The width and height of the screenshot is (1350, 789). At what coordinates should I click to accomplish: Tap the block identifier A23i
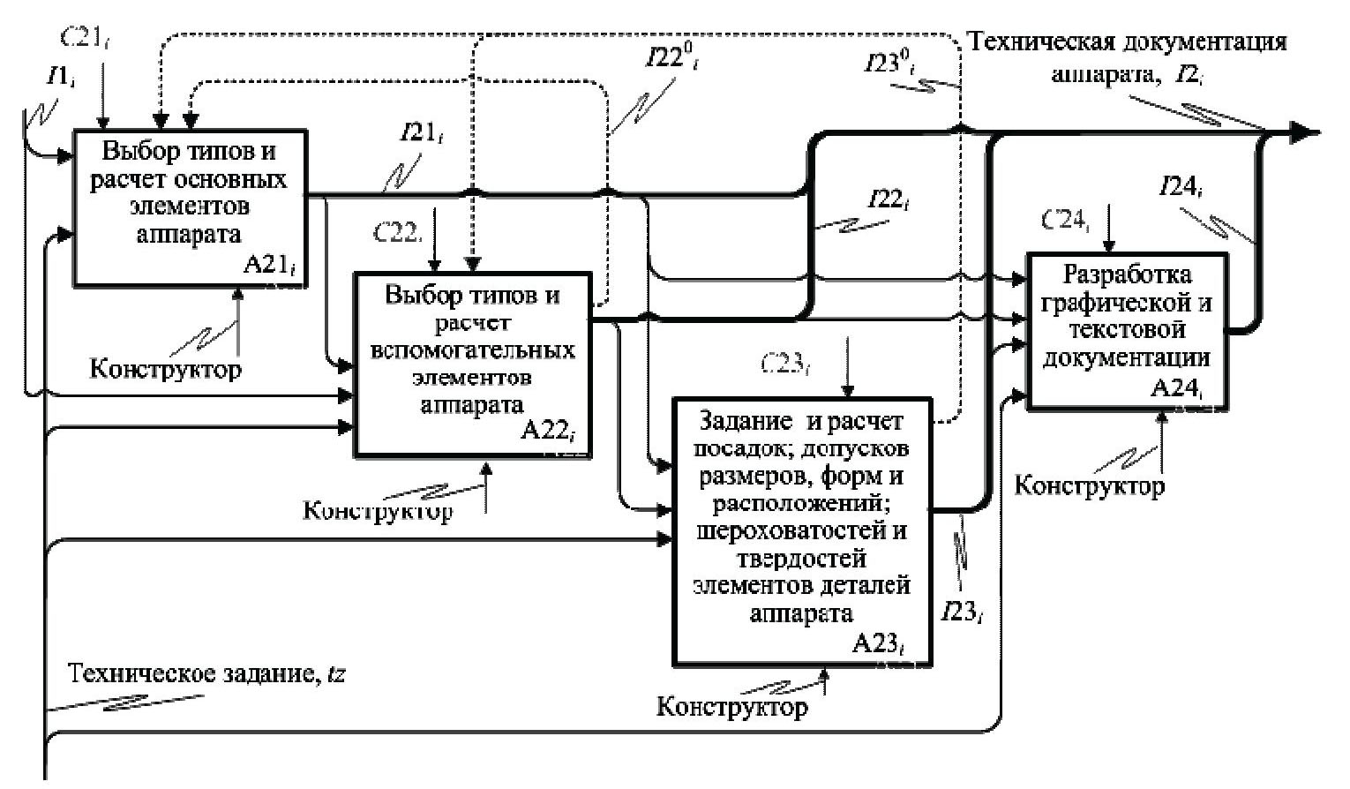click(x=881, y=644)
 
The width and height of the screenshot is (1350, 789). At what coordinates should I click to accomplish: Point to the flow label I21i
click(x=422, y=133)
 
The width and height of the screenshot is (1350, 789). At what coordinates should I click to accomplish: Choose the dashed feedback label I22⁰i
click(x=671, y=60)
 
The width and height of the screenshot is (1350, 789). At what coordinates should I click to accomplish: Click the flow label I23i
click(x=961, y=611)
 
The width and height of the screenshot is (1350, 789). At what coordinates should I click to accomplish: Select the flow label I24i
click(x=1181, y=187)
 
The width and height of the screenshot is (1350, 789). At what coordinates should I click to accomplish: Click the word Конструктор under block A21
click(x=165, y=368)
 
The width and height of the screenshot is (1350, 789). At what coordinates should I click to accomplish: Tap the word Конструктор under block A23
click(x=732, y=706)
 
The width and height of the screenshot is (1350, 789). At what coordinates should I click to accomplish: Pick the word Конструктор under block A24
click(x=1089, y=485)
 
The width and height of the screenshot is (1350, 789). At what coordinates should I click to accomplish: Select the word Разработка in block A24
click(x=1127, y=274)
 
